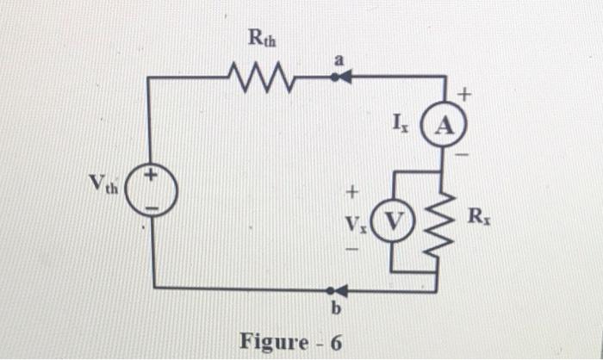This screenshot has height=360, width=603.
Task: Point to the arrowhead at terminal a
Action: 342,78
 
